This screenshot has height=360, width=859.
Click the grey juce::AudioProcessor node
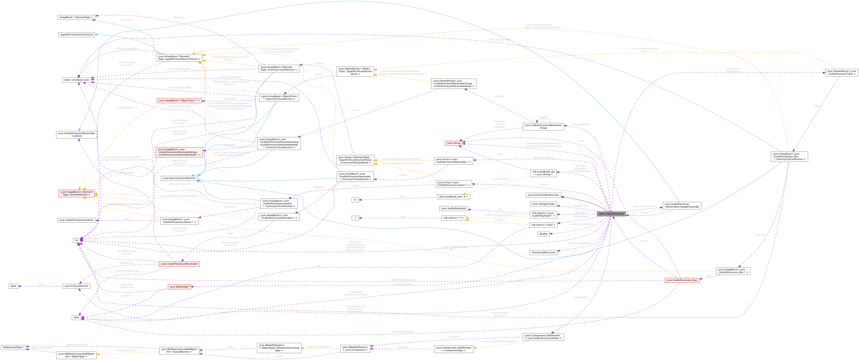[x=611, y=214]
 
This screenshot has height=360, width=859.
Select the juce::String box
[x=453, y=143]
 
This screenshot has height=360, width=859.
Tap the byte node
[x=13, y=286]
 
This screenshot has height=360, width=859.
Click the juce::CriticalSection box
[x=76, y=286]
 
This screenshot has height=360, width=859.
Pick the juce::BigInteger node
[x=179, y=287]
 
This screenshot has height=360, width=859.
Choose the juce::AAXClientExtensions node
[x=543, y=195]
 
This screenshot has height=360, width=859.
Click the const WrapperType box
[x=543, y=204]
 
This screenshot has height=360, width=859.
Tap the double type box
[x=543, y=234]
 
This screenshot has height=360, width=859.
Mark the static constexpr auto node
[x=77, y=80]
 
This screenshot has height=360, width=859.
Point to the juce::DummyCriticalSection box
[x=179, y=178]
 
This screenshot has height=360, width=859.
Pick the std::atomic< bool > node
[x=543, y=225]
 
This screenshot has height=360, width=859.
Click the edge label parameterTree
[x=581, y=125]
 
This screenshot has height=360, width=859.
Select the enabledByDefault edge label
[x=403, y=332]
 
